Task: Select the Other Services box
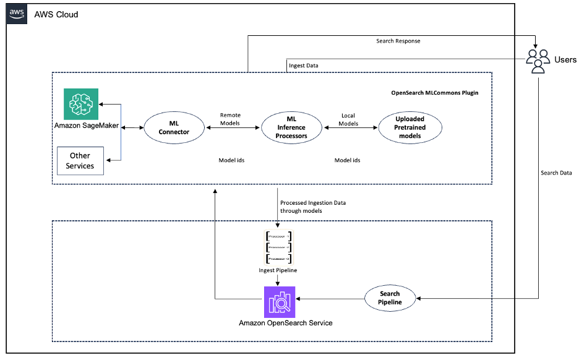click(x=80, y=161)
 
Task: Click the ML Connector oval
click(x=174, y=127)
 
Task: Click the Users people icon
click(x=538, y=60)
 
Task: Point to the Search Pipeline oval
click(x=390, y=298)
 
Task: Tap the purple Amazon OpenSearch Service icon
click(x=280, y=302)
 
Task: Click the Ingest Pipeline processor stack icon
click(x=278, y=247)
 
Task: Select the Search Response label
click(x=398, y=41)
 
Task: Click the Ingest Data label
click(x=304, y=65)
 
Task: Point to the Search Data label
click(x=556, y=173)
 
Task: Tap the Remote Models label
click(x=230, y=119)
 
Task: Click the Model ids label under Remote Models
click(x=231, y=160)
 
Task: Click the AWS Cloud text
click(x=56, y=14)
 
